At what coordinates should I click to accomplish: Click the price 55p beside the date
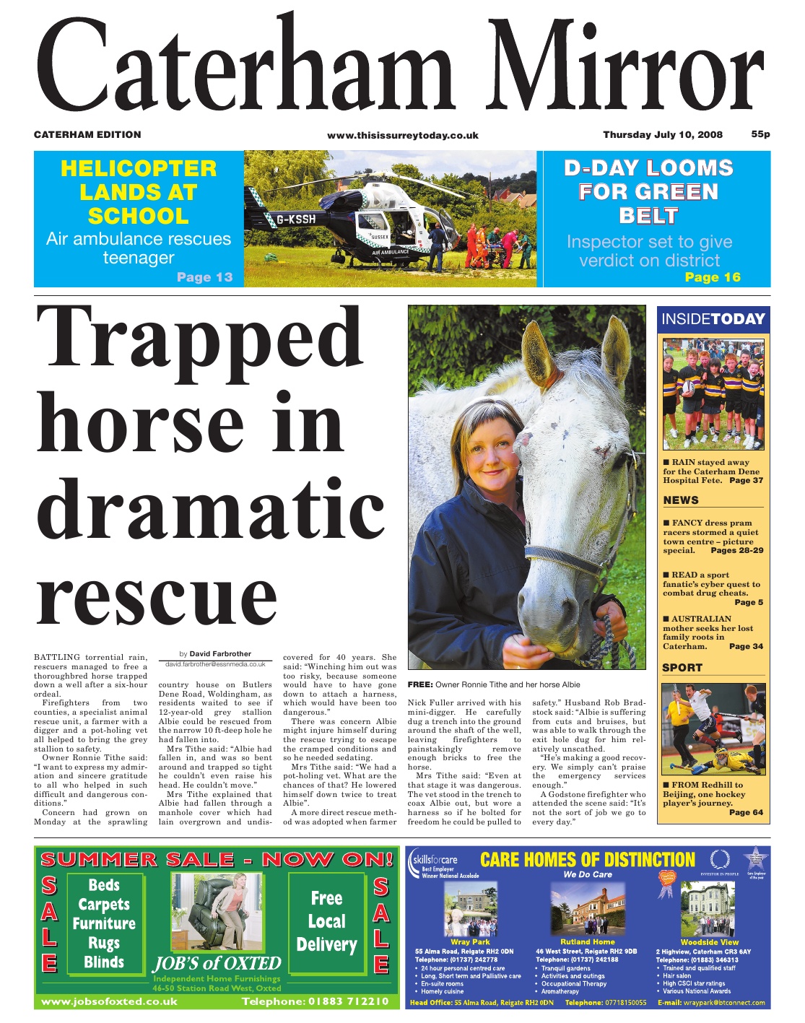tap(760, 134)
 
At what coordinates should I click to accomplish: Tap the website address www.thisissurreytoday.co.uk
tap(402, 135)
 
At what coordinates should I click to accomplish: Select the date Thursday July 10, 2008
tap(663, 134)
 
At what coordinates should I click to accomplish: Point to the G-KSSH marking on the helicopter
tap(296, 219)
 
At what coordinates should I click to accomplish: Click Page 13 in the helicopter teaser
tap(204, 277)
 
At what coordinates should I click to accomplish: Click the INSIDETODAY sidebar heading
tap(713, 319)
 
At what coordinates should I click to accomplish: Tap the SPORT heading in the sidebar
tap(682, 668)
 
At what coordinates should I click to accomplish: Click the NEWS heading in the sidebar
tap(681, 500)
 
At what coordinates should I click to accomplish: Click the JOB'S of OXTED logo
tap(217, 964)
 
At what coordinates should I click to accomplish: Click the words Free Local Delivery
tap(326, 921)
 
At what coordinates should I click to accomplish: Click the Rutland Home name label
tap(588, 942)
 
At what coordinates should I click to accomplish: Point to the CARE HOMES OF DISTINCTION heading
tap(587, 860)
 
